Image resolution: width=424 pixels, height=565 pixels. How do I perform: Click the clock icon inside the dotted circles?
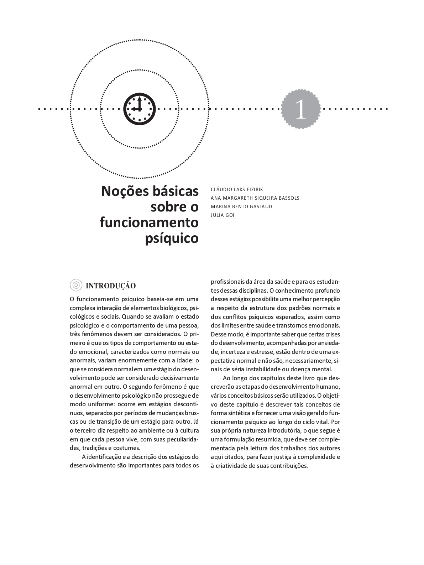[140, 109]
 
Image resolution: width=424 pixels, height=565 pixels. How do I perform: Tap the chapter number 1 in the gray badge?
[300, 109]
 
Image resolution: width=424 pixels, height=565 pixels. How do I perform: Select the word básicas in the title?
[175, 191]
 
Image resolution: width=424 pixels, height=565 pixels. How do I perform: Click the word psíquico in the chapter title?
[172, 238]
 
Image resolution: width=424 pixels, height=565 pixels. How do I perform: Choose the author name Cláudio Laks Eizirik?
[237, 189]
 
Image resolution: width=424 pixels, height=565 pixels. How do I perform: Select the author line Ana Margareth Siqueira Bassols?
[255, 198]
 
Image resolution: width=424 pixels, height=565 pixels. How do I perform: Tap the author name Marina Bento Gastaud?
[241, 206]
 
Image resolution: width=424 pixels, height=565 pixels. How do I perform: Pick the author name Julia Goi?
[223, 215]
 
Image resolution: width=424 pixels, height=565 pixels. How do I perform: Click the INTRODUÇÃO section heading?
[111, 286]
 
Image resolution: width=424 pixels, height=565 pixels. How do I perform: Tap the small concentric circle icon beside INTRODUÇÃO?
[75, 286]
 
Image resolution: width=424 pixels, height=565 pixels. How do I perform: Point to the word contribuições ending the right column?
[289, 466]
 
